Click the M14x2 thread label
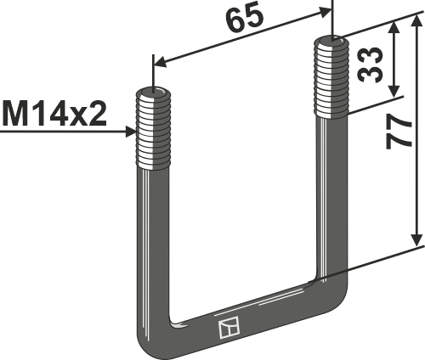pos(55,112)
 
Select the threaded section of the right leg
pos(331,76)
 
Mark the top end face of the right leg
pos(331,39)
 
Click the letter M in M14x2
pos(15,112)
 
